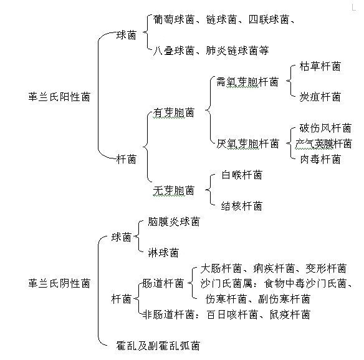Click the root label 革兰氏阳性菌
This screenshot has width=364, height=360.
(59, 97)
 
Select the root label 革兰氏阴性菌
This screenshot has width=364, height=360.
(59, 283)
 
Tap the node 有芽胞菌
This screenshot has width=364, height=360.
(174, 113)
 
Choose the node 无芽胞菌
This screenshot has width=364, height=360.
(174, 190)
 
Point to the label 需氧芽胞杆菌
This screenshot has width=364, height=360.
(247, 82)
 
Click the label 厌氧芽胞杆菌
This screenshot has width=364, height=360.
(247, 144)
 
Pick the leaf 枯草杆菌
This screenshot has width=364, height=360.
(320, 67)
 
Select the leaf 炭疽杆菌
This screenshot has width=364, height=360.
(320, 97)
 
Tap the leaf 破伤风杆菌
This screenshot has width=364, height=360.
(325, 128)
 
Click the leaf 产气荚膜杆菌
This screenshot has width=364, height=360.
(323, 144)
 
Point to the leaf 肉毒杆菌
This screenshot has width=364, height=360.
(320, 159)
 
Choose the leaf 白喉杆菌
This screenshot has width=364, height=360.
(242, 175)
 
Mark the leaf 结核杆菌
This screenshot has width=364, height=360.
(242, 206)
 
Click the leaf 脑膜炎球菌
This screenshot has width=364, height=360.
(174, 221)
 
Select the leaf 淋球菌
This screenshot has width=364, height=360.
(163, 253)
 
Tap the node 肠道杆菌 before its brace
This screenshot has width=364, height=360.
(163, 283)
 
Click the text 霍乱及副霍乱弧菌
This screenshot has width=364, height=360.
(158, 346)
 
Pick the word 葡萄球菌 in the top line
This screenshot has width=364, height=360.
(174, 19)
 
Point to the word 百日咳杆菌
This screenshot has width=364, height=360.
(232, 314)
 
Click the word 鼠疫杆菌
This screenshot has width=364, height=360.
(290, 314)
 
